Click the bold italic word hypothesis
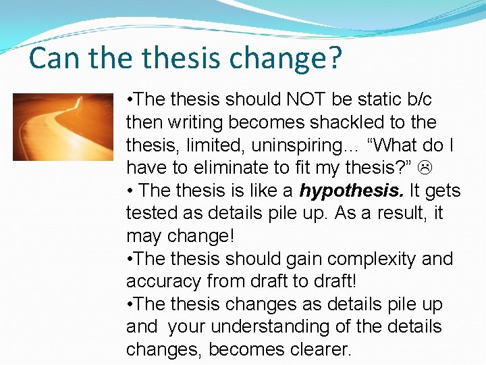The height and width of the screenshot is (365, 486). click(342, 191)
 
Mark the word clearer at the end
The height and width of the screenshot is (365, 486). click(317, 350)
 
